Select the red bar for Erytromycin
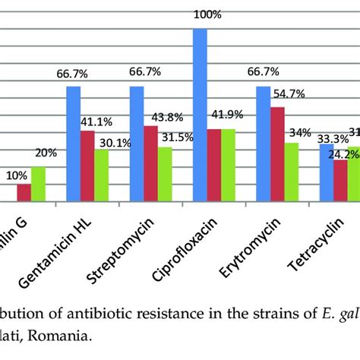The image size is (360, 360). pyautogui.click(x=278, y=155)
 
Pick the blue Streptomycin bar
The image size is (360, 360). pyautogui.click(x=137, y=144)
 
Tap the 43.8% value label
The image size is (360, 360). pyautogui.click(x=163, y=118)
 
